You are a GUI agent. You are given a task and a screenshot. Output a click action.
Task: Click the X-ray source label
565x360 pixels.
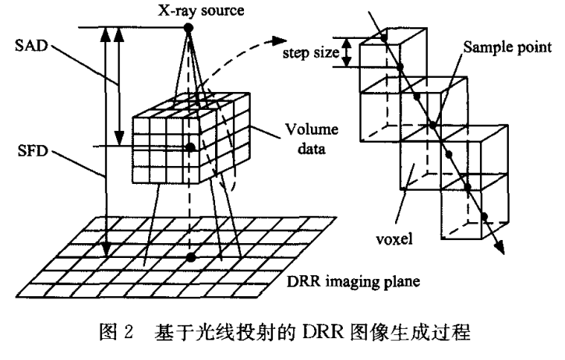187,10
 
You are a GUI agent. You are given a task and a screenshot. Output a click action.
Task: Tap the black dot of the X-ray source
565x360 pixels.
187,28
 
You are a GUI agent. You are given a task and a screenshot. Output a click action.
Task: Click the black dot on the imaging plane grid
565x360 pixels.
188,257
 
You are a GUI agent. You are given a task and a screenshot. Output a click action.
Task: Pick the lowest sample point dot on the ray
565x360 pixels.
486,217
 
